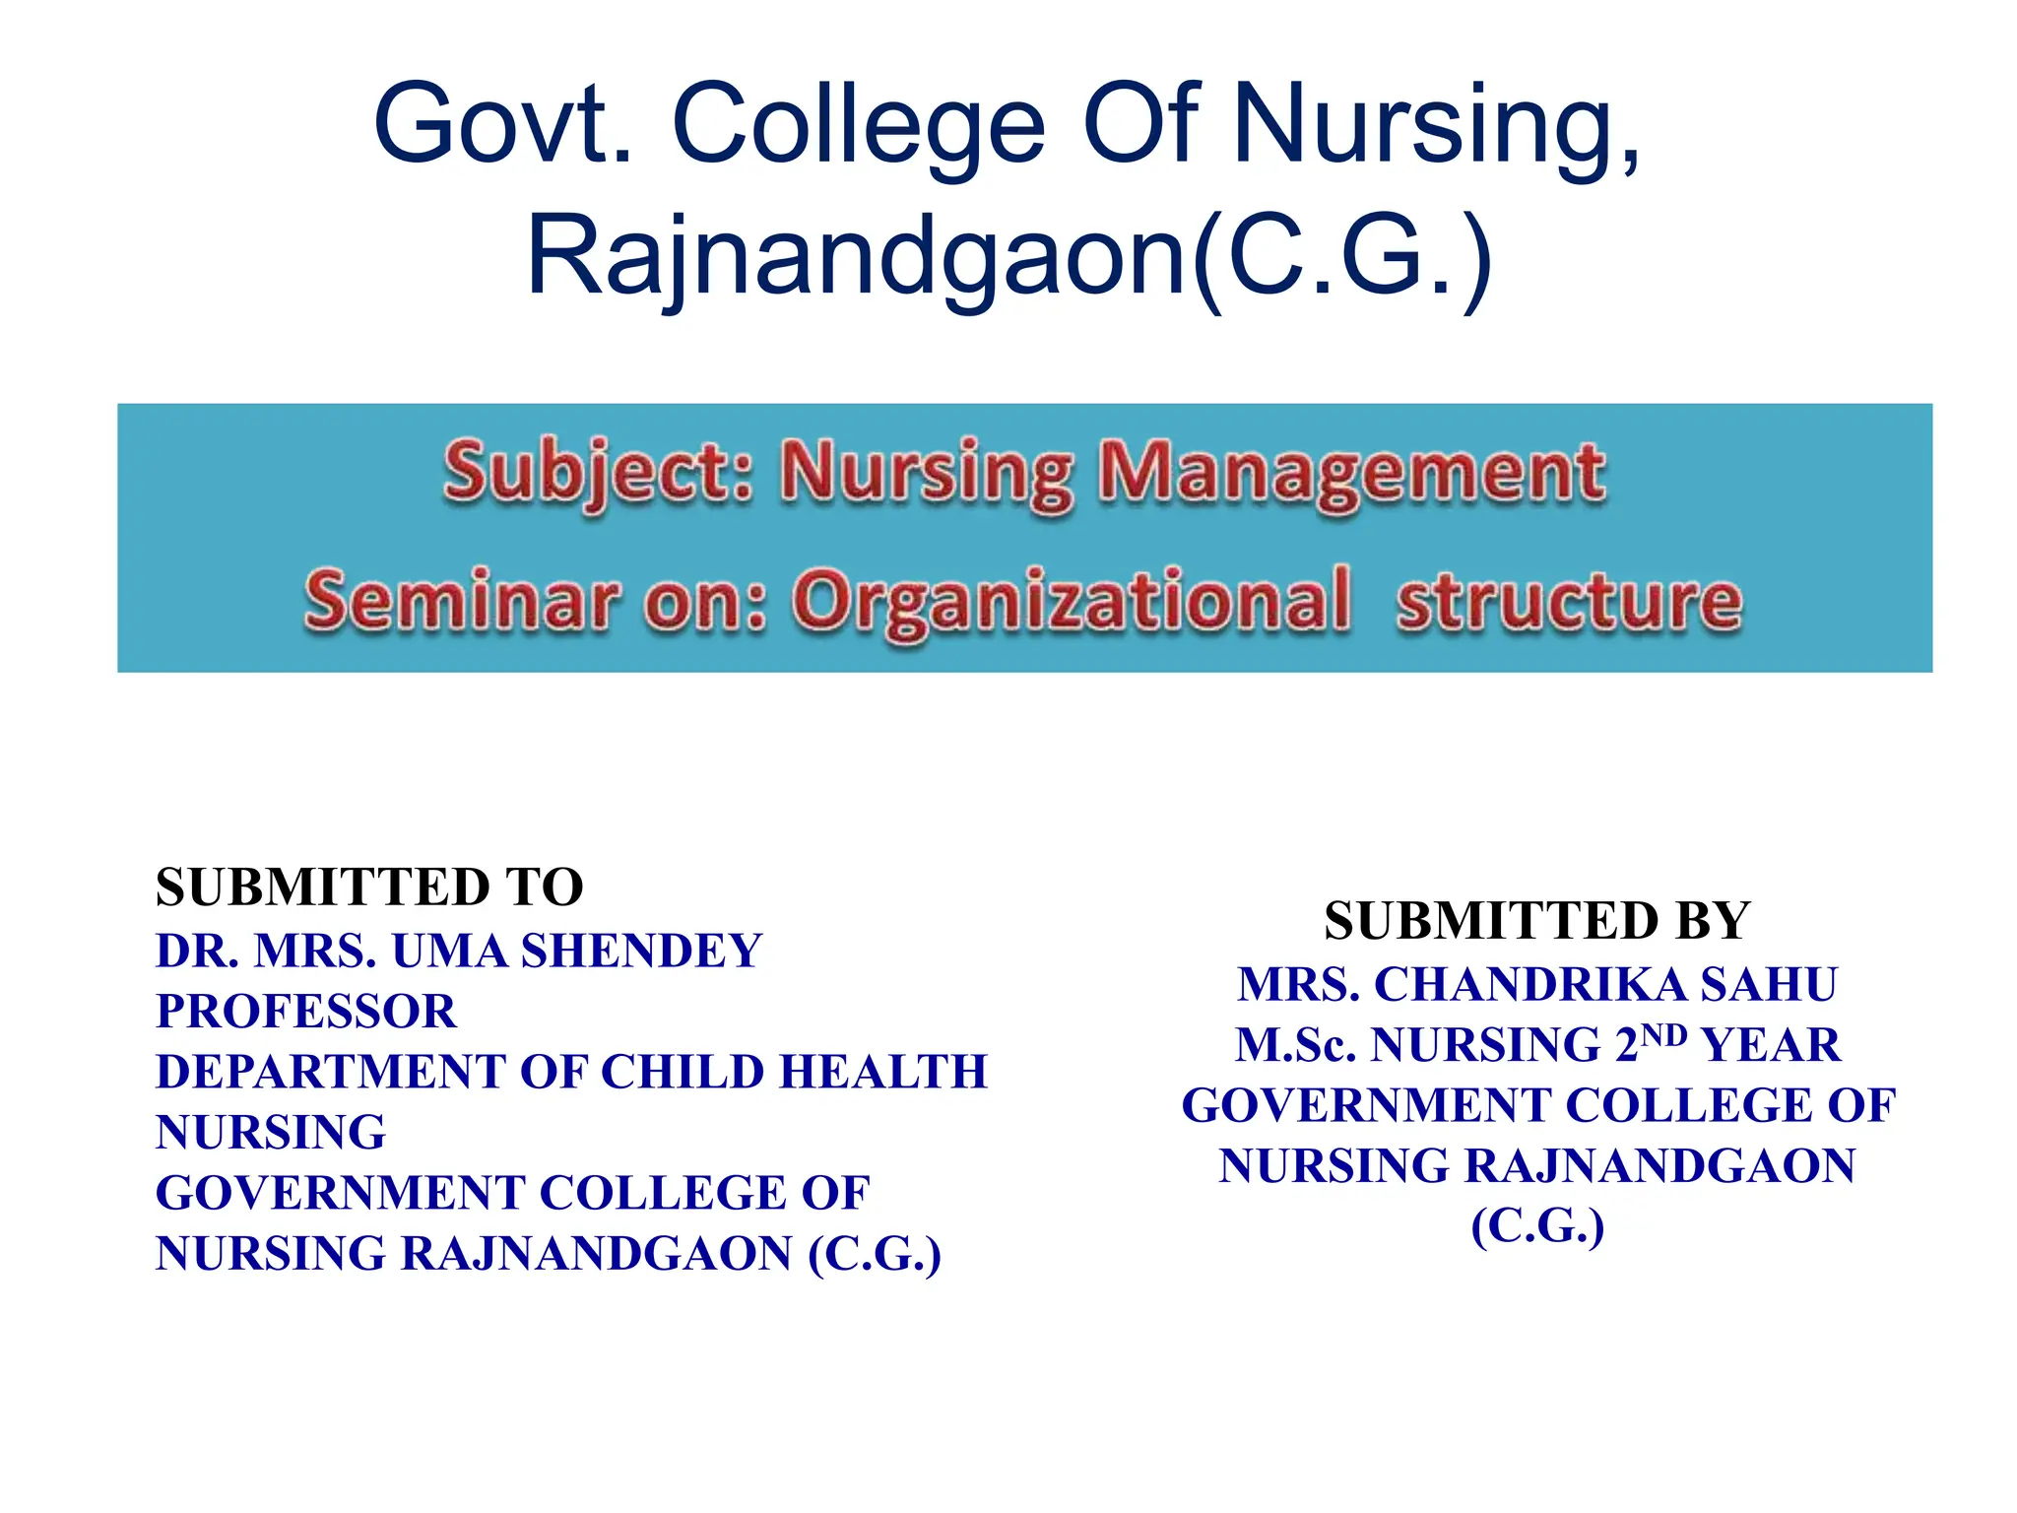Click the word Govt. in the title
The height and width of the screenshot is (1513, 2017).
click(503, 125)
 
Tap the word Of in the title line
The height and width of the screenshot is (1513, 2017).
click(1142, 125)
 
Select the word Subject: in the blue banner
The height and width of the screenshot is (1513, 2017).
click(599, 473)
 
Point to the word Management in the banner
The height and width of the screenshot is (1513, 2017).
click(1352, 473)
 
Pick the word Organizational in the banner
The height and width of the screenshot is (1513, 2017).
click(1073, 600)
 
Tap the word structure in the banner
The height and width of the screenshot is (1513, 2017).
click(1569, 600)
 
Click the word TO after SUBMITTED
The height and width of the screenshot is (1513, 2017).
click(545, 887)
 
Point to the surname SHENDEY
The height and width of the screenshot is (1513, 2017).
click(642, 952)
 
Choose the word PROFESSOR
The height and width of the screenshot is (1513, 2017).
click(306, 1012)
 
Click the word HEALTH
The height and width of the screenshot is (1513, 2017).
click(883, 1072)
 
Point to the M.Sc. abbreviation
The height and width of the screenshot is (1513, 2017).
click(1296, 1045)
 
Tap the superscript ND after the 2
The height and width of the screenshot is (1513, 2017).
click(1664, 1034)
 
